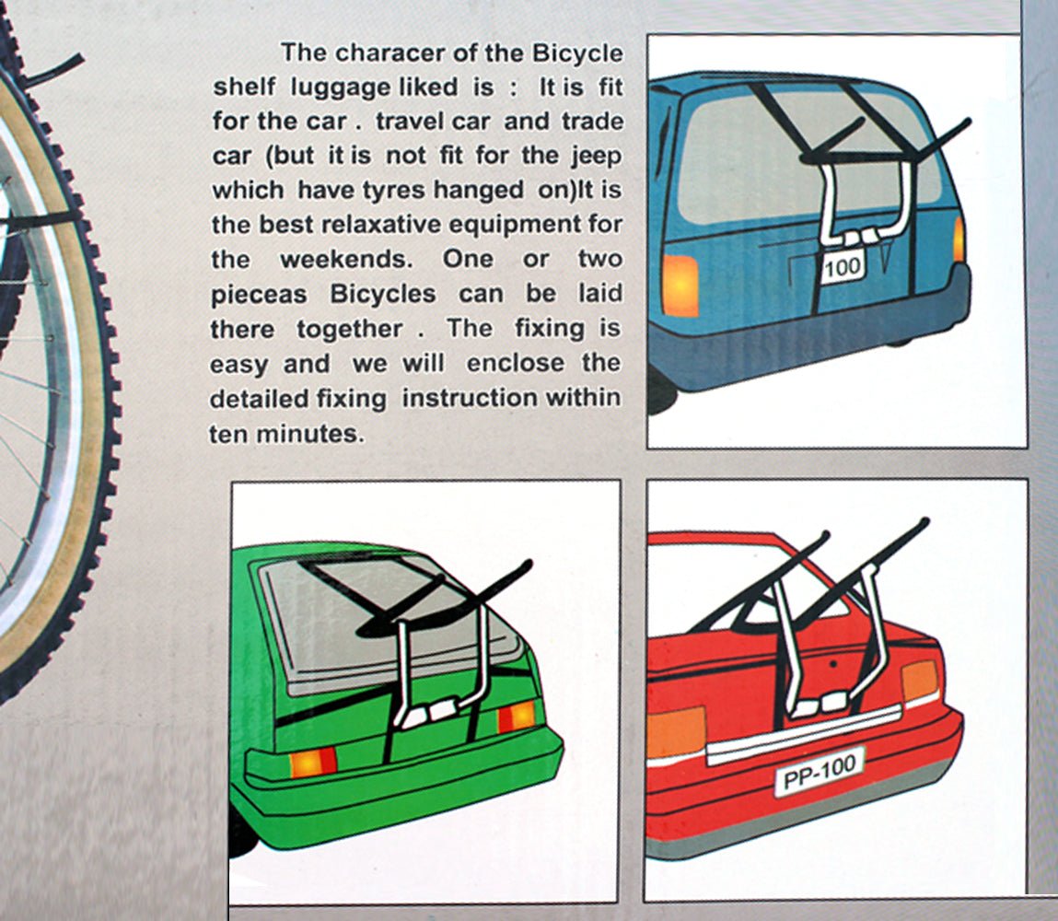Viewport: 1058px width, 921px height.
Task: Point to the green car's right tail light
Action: (x=516, y=716)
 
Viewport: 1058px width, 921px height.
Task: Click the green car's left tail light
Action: (x=313, y=761)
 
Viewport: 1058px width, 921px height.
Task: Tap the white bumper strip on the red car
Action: (x=801, y=735)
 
